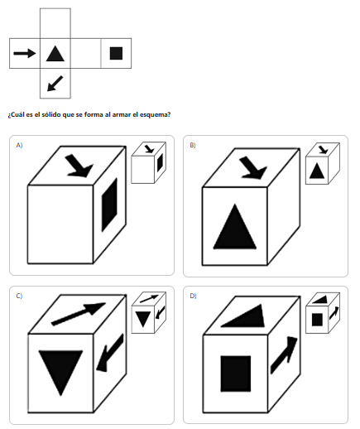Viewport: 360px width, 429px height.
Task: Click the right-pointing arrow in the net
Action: coord(25,53)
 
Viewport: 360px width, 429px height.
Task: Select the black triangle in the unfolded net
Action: coord(55,54)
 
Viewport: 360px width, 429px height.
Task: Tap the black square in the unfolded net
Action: coord(116,53)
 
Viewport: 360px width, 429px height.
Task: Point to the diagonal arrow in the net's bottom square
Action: coord(55,84)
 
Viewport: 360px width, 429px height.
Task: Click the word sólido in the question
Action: coord(51,114)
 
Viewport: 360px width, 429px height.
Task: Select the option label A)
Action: coord(19,145)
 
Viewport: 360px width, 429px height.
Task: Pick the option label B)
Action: coord(193,145)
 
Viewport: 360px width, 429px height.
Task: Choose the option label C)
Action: coord(19,296)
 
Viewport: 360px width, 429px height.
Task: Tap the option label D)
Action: coord(193,296)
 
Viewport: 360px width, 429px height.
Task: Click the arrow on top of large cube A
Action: coord(79,166)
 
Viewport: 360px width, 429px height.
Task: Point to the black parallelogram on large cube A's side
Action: coord(109,205)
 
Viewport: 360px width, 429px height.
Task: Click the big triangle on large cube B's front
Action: coord(235,227)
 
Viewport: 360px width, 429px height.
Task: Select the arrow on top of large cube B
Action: coord(253,167)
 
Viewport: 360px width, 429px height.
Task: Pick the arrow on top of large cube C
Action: coord(79,314)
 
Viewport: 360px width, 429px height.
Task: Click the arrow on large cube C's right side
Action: coord(110,353)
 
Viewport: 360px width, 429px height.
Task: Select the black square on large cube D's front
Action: coord(236,374)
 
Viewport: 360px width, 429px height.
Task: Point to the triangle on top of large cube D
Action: coord(243,316)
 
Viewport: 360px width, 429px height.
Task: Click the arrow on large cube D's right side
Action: coord(284,355)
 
